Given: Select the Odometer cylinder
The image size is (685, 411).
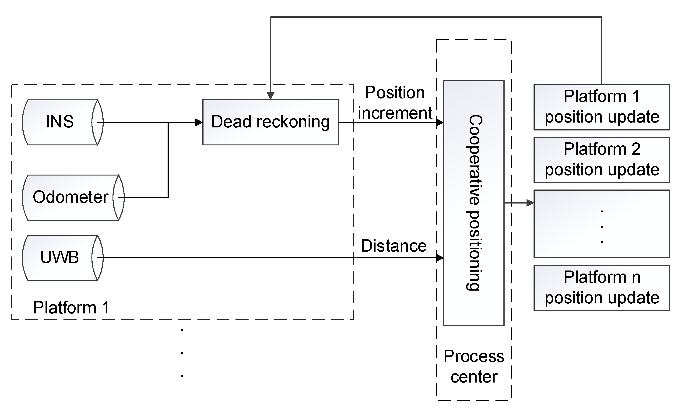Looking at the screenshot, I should pos(71,197).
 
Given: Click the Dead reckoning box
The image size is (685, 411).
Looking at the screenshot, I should pos(270,122).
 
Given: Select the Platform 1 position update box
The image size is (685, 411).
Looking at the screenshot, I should pos(601,107).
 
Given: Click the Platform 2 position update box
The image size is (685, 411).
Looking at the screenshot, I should pos(601,160).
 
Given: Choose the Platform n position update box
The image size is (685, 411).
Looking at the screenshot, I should pos(601,288).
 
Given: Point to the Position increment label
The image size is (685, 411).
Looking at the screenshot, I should pos(395,103).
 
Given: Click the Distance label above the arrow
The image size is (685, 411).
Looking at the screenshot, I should pos(393,246).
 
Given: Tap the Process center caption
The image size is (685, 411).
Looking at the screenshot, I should pos(474,366).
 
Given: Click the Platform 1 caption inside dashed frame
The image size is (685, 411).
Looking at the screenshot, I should pos(71,307).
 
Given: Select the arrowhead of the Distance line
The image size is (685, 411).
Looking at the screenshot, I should pos(439,258).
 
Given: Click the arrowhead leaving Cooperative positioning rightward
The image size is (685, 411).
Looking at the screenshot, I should pos(530,203).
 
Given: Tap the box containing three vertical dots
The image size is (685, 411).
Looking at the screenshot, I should pos(601,224).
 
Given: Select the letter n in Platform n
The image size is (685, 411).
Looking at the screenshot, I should pos(636,277).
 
